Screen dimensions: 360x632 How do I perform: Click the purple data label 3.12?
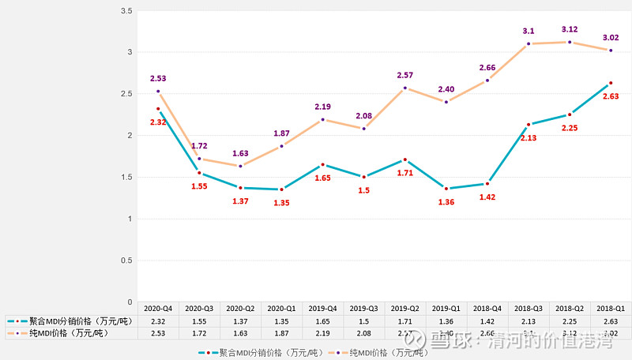(569, 28)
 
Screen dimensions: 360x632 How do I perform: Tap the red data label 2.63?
(611, 96)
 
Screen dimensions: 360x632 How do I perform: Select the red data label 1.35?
(281, 203)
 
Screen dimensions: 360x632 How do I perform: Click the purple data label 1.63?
(240, 153)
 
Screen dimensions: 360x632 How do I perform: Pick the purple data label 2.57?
(405, 75)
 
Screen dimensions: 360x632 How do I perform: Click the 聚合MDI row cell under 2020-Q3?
(199, 321)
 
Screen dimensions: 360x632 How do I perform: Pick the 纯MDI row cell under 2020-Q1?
(281, 334)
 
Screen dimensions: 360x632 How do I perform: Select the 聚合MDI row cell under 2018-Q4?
(487, 321)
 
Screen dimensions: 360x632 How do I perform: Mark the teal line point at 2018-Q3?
(529, 125)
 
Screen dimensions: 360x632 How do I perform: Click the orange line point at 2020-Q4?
(158, 92)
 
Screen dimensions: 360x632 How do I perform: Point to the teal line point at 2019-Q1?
(446, 189)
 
